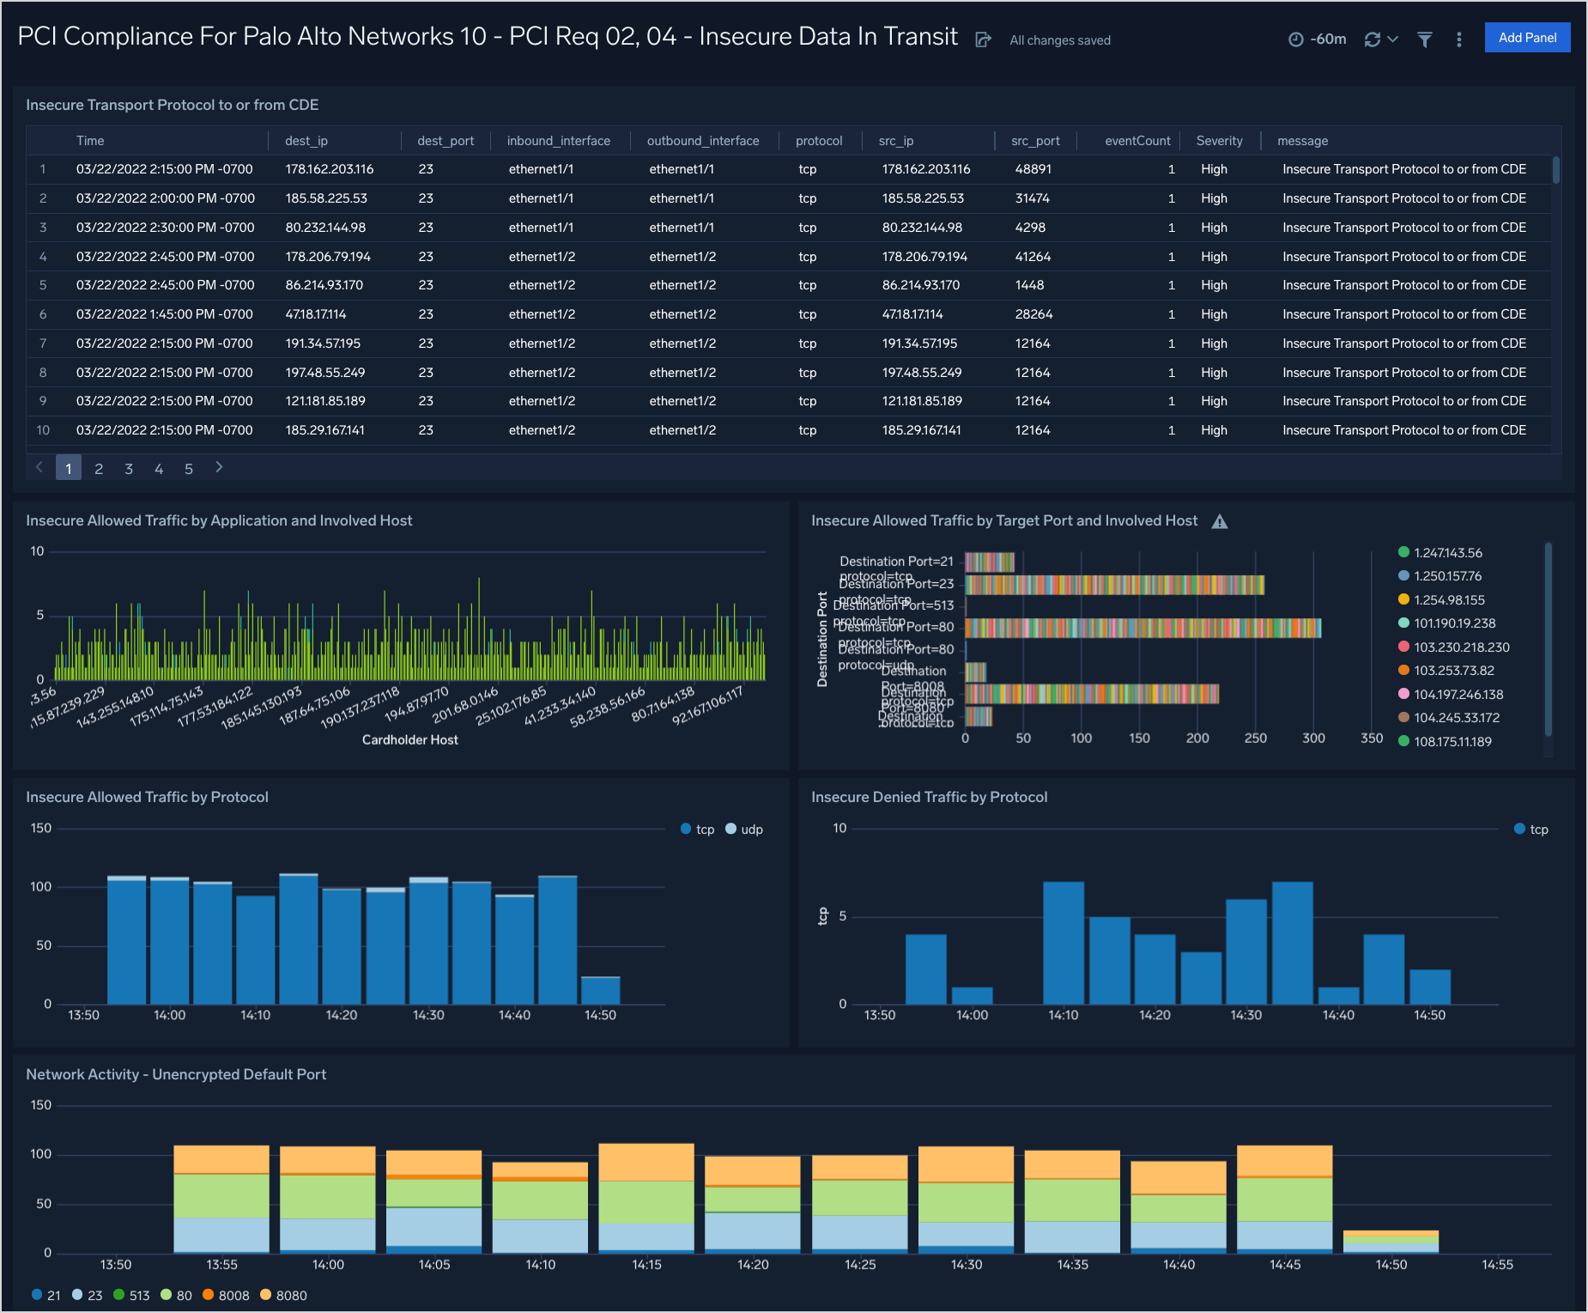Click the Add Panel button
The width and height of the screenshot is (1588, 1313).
click(x=1527, y=38)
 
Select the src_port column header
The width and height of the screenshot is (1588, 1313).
click(x=1034, y=141)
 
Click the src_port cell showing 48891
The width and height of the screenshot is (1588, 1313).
click(x=1033, y=169)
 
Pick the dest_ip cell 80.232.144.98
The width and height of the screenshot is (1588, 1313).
click(x=325, y=228)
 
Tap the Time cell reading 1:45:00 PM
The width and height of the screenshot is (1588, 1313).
click(x=165, y=314)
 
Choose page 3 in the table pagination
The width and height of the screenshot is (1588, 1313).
click(x=129, y=469)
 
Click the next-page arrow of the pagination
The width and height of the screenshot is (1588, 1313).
click(x=219, y=467)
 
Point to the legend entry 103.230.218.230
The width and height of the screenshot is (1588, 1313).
click(x=1461, y=647)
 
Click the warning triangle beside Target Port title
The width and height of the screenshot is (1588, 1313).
click(x=1219, y=521)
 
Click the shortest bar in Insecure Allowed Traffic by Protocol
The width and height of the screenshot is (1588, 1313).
click(x=600, y=990)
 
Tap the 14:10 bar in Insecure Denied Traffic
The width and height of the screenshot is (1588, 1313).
click(x=1063, y=943)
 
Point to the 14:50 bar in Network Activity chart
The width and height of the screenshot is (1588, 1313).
click(x=1391, y=1242)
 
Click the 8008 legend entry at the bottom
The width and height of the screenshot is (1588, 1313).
click(x=226, y=1295)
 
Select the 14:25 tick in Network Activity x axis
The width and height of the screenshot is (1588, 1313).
click(x=859, y=1264)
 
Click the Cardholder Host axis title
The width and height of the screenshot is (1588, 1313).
click(x=409, y=740)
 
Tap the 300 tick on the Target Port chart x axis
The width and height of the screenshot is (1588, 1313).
click(x=1312, y=739)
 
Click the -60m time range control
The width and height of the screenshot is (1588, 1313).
click(x=1318, y=40)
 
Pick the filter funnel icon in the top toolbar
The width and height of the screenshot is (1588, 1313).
click(x=1424, y=40)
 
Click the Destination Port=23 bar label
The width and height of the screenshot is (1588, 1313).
click(x=896, y=584)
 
